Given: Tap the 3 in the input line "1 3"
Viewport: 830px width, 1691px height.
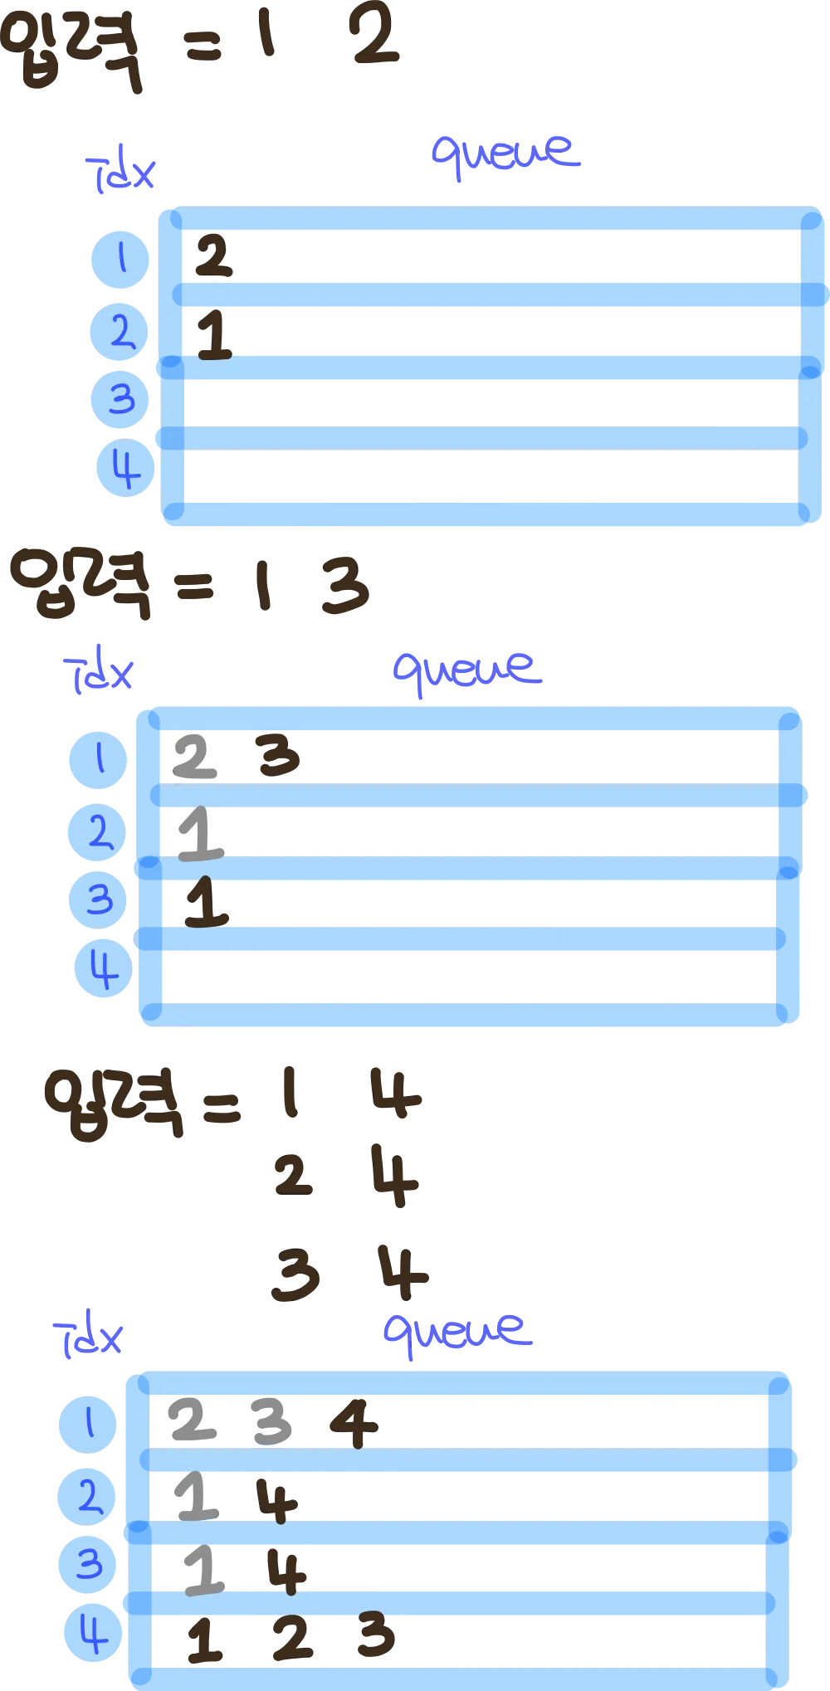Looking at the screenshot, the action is [x=344, y=587].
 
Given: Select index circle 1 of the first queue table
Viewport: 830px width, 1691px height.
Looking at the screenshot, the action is [x=120, y=260].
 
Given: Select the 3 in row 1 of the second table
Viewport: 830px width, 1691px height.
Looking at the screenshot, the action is [x=279, y=754].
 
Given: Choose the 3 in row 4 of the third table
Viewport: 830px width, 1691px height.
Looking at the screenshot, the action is [x=373, y=1634].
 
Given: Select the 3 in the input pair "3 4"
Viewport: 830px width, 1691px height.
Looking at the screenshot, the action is [x=294, y=1271].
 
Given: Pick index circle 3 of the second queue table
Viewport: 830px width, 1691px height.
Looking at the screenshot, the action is [x=98, y=899].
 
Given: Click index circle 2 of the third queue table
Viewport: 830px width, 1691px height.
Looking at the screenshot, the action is [x=86, y=1496].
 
